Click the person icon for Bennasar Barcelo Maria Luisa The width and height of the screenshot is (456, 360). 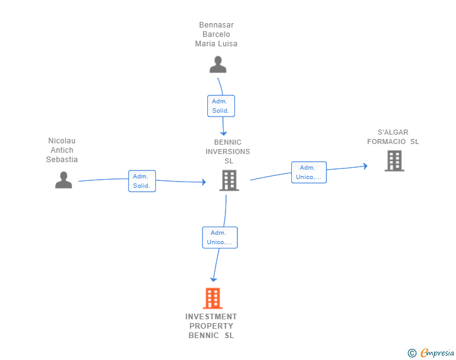pos(218,64)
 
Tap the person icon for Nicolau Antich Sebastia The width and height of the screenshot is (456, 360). pos(63,180)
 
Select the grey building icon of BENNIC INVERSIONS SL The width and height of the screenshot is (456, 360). pos(229,180)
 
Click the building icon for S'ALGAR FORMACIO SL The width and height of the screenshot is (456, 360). pos(395,161)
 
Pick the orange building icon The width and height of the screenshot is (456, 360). pos(212,299)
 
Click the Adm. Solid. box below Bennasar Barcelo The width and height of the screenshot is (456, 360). pos(221,106)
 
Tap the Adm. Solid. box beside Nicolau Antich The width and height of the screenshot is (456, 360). pos(142,181)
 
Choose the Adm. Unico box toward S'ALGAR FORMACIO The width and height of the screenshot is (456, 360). pos(309,172)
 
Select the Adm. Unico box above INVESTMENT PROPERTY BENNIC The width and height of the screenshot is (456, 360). pos(220,237)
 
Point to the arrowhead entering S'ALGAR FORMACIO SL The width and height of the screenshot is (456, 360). pos(366,166)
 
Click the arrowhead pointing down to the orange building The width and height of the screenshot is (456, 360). pos(214,279)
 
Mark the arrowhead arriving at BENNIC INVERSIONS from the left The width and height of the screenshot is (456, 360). pos(204,182)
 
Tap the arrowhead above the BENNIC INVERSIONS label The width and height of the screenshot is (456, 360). pos(224,133)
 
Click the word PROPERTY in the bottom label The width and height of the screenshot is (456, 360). pos(211,326)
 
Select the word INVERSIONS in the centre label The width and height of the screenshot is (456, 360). pos(228,152)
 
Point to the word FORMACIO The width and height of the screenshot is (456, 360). pos(386,141)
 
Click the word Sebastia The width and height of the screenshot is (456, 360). pos(62,160)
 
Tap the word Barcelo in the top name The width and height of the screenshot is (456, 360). pos(216,34)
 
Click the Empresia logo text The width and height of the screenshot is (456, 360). pos(437,352)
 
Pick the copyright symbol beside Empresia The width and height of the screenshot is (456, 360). pos(412,353)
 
